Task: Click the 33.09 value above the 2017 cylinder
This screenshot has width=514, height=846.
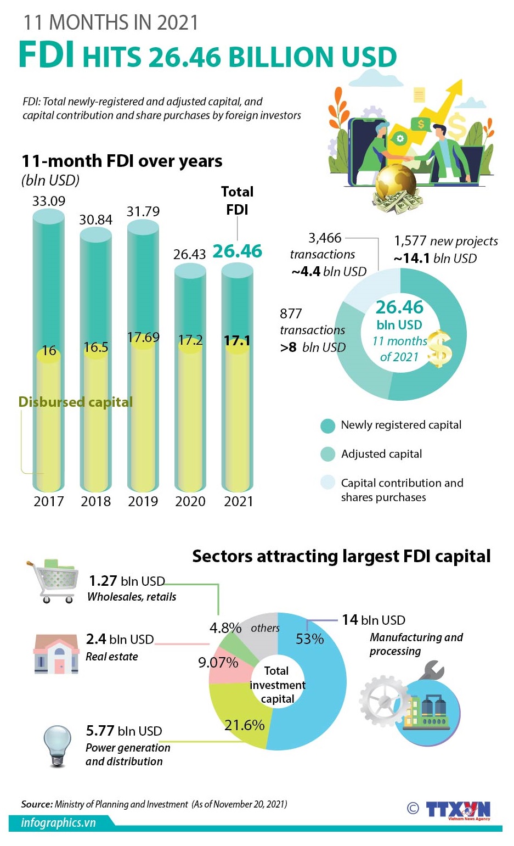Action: (x=48, y=201)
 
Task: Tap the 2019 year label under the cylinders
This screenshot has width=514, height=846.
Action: (x=143, y=501)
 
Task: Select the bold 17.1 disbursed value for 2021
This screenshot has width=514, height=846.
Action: (x=237, y=341)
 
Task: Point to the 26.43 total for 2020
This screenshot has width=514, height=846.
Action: (x=189, y=254)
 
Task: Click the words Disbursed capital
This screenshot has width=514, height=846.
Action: (x=76, y=402)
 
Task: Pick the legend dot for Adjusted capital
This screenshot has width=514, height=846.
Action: (x=327, y=454)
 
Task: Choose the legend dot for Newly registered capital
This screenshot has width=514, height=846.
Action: (x=327, y=425)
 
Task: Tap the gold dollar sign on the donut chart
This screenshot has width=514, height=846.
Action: (x=440, y=349)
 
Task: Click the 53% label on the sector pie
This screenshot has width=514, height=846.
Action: (x=309, y=639)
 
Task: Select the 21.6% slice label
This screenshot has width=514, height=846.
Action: (x=244, y=725)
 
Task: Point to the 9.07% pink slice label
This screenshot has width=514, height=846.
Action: (x=218, y=663)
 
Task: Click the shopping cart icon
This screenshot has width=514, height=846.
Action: (x=51, y=581)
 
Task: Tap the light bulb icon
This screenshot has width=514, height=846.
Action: (x=58, y=745)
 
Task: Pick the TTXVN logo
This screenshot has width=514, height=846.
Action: (x=457, y=809)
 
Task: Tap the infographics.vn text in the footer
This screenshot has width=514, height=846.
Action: (x=58, y=822)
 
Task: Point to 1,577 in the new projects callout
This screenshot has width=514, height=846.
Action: (x=410, y=241)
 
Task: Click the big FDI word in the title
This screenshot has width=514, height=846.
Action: (x=47, y=55)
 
